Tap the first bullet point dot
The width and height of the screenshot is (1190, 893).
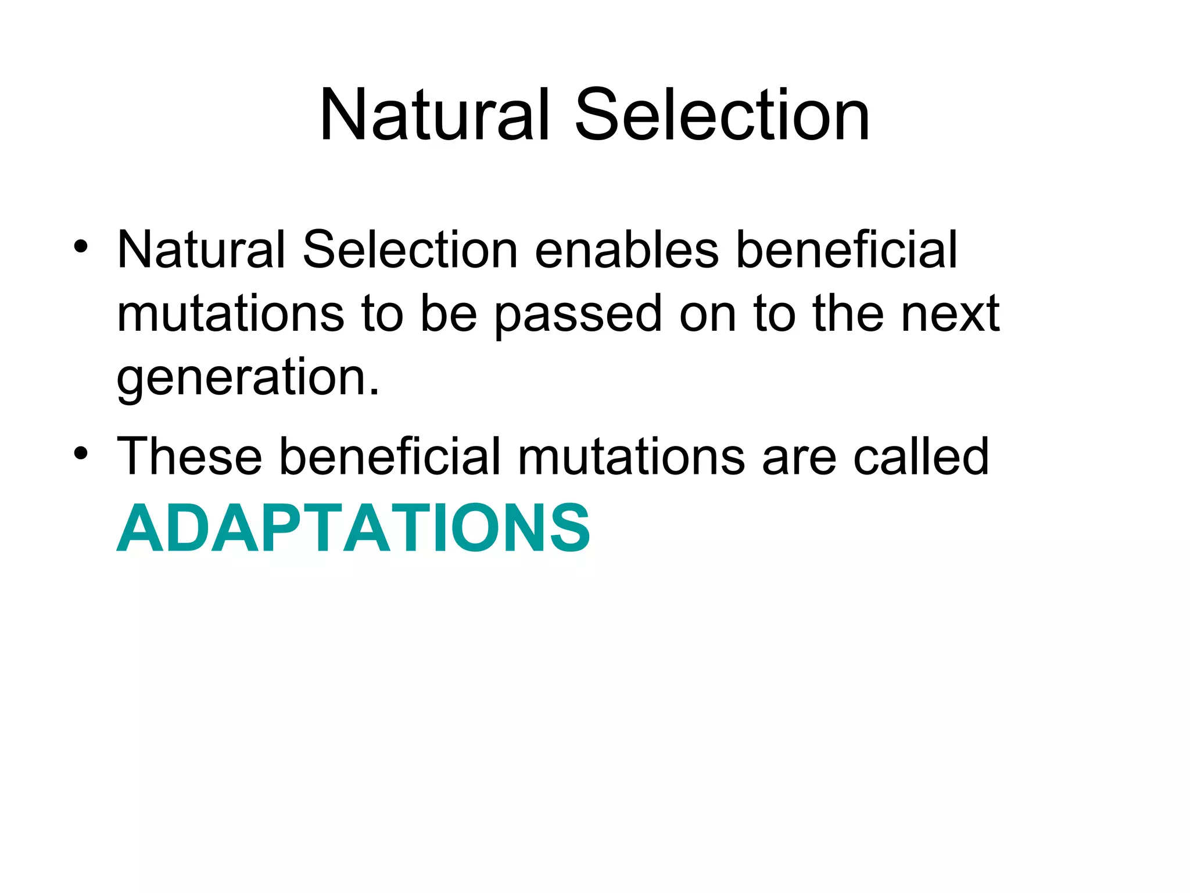(81, 247)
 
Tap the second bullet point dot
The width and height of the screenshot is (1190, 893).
(81, 453)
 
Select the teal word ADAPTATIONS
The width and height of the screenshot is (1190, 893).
(353, 528)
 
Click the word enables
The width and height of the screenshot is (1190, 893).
(626, 250)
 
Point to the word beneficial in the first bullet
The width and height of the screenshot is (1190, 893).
(846, 250)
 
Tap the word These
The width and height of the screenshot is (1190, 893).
(189, 457)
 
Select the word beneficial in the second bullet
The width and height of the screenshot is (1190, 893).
(390, 457)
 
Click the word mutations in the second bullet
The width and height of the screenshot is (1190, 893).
(631, 457)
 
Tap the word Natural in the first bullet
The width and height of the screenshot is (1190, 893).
(200, 250)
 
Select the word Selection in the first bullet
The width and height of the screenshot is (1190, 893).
(410, 250)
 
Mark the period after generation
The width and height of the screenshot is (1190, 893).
(374, 394)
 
